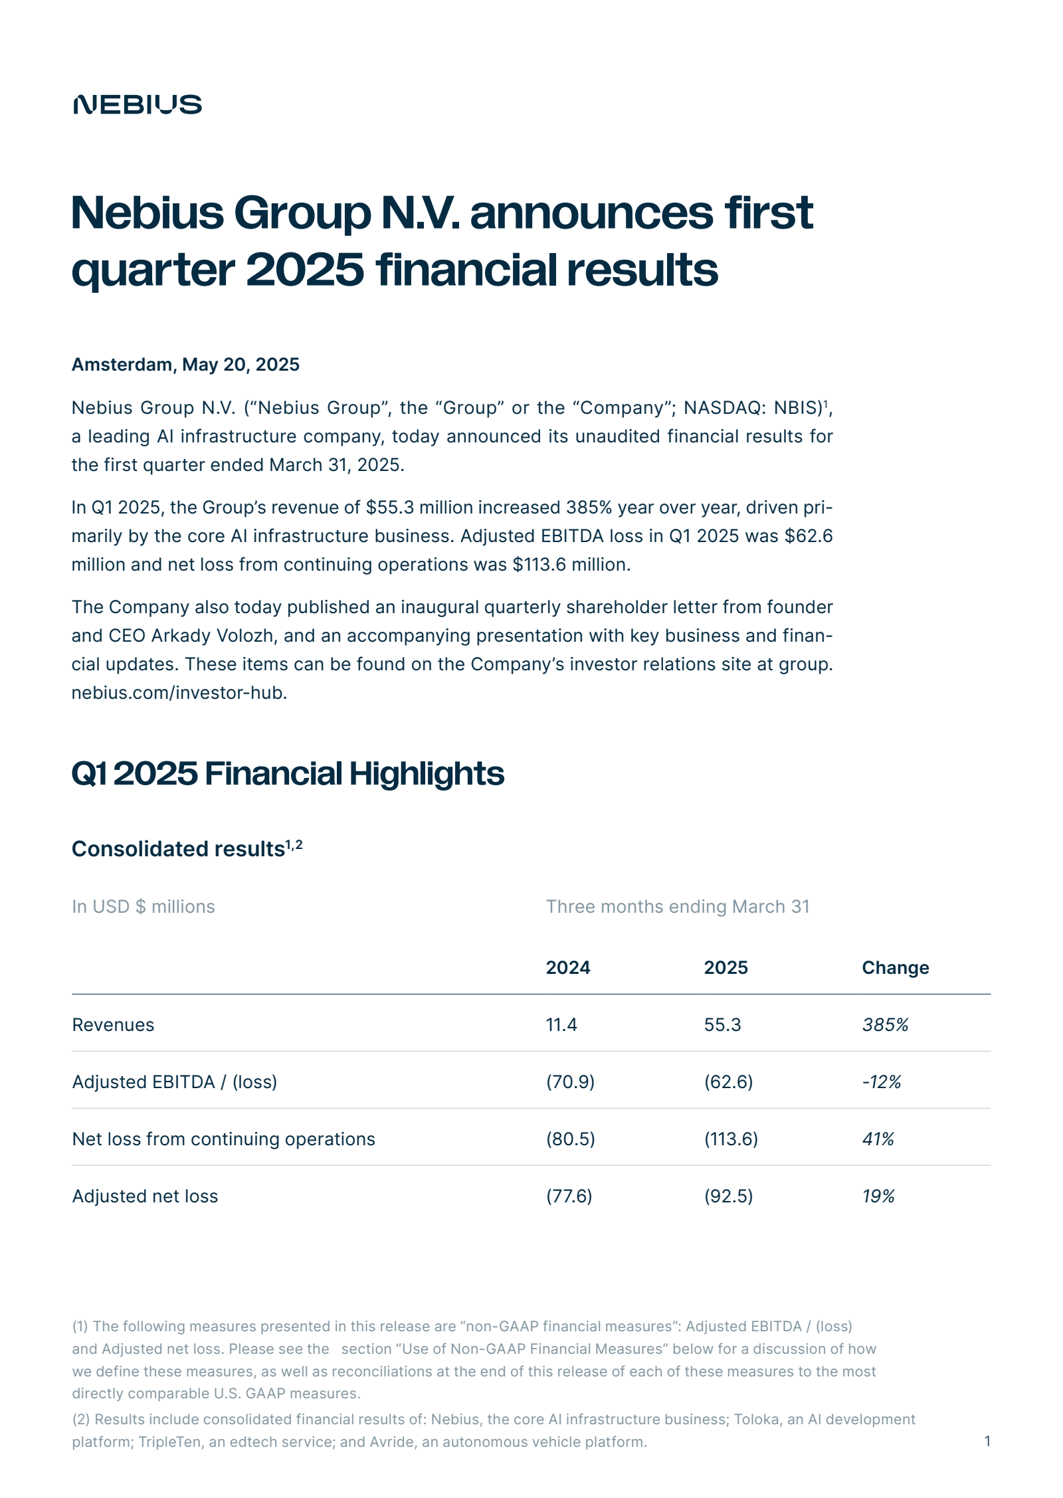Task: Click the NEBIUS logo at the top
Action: (138, 104)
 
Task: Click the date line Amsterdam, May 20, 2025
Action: (185, 365)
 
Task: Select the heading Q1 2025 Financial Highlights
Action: (288, 773)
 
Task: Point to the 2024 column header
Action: (567, 967)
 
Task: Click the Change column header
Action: (895, 967)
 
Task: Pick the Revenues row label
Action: (113, 1024)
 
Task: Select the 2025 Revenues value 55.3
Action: (722, 1024)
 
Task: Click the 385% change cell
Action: (885, 1024)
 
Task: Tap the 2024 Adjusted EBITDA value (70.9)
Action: (570, 1081)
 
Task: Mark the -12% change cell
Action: (881, 1081)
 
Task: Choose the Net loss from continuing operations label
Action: (223, 1139)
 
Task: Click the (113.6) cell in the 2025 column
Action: (731, 1139)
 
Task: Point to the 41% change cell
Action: (878, 1139)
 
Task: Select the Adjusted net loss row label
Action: (145, 1196)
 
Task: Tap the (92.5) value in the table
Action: (728, 1196)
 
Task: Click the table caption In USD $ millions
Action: (144, 907)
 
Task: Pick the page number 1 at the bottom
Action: (987, 1441)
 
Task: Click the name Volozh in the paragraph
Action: (244, 636)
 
